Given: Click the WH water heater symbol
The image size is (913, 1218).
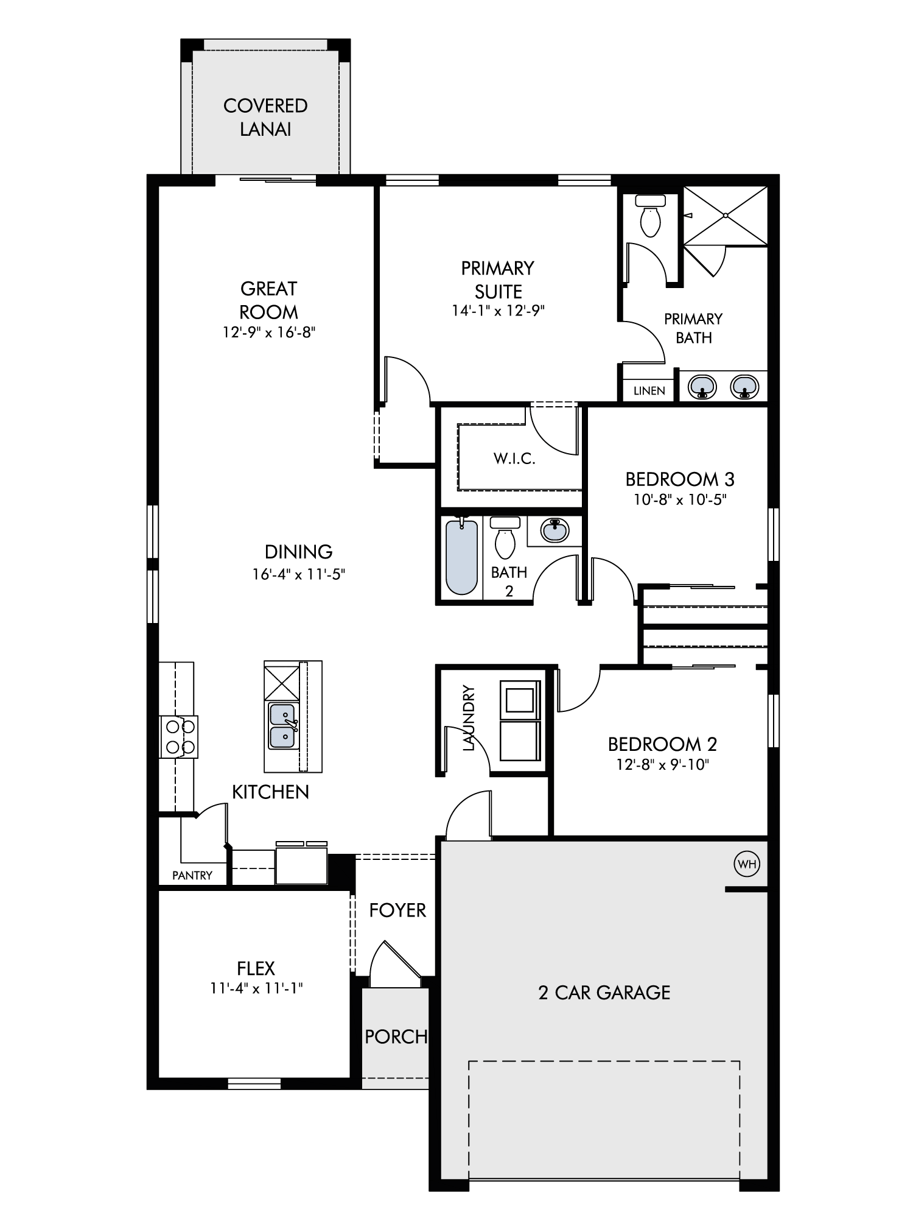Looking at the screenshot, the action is click(x=747, y=864).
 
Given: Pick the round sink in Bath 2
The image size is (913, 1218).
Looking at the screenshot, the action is click(x=554, y=530).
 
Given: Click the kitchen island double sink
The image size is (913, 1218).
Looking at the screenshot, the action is click(x=282, y=726).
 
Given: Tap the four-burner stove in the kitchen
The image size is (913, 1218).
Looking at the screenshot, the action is click(x=179, y=737).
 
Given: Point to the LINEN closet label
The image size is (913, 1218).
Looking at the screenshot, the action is click(x=649, y=391).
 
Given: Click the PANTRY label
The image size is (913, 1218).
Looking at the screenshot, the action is click(x=192, y=876).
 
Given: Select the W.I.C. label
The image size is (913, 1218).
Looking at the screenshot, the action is click(x=514, y=459).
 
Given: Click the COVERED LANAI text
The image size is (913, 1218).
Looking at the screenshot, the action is click(x=265, y=118).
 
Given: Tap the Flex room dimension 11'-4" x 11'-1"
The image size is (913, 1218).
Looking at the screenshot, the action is click(x=256, y=988).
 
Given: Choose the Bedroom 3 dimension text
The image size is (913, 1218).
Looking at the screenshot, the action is click(x=680, y=499).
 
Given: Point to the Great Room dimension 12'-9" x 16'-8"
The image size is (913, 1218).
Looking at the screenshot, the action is click(x=268, y=333).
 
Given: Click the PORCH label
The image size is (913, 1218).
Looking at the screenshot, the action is click(x=396, y=1036).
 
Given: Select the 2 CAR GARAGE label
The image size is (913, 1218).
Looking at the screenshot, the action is click(x=604, y=993).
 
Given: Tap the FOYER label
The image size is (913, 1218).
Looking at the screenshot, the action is click(x=397, y=910).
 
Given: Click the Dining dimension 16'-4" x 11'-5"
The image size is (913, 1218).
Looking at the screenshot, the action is click(x=299, y=574).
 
